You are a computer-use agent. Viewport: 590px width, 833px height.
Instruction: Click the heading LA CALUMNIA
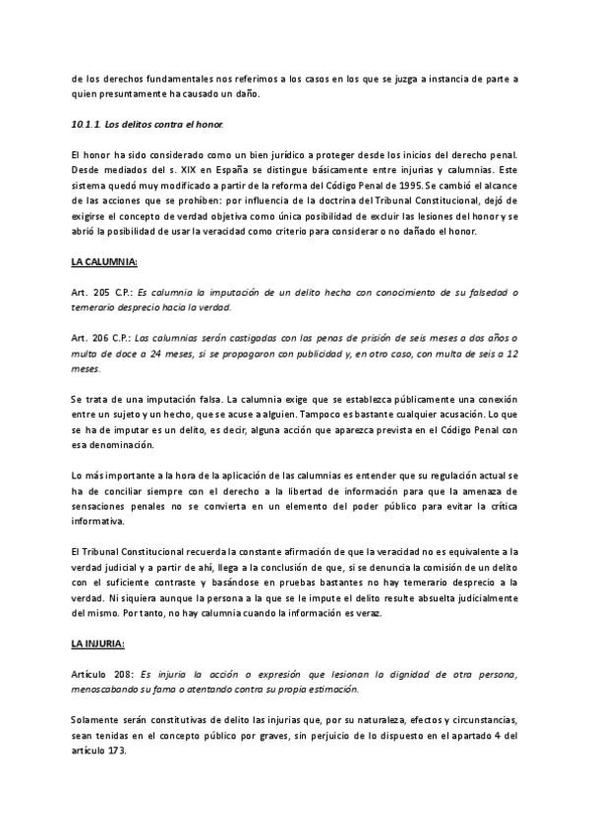click(104, 263)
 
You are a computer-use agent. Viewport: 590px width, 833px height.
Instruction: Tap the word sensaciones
click(104, 504)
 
